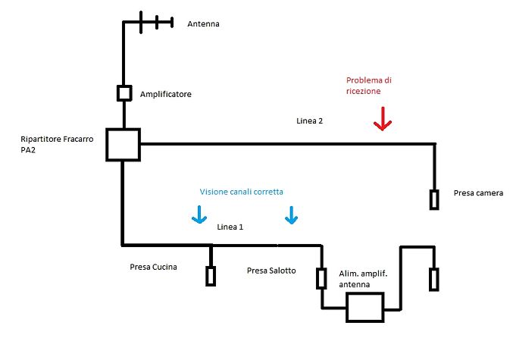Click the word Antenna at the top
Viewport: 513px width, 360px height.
(x=204, y=24)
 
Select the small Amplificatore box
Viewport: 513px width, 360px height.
(x=124, y=93)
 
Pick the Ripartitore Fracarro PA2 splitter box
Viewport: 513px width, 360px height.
(x=122, y=144)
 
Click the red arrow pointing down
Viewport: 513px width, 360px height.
(x=383, y=118)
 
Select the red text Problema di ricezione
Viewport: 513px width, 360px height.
(x=369, y=85)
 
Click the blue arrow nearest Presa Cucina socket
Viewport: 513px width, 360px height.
(x=199, y=216)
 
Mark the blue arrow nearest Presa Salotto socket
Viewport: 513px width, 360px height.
(x=291, y=216)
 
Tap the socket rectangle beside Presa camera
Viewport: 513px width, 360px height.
(x=435, y=199)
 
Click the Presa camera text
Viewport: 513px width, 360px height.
(x=479, y=193)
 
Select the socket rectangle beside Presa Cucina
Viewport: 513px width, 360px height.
(x=210, y=276)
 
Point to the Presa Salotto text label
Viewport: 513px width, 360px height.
(x=271, y=271)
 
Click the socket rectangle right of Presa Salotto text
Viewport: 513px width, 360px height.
(x=321, y=278)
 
